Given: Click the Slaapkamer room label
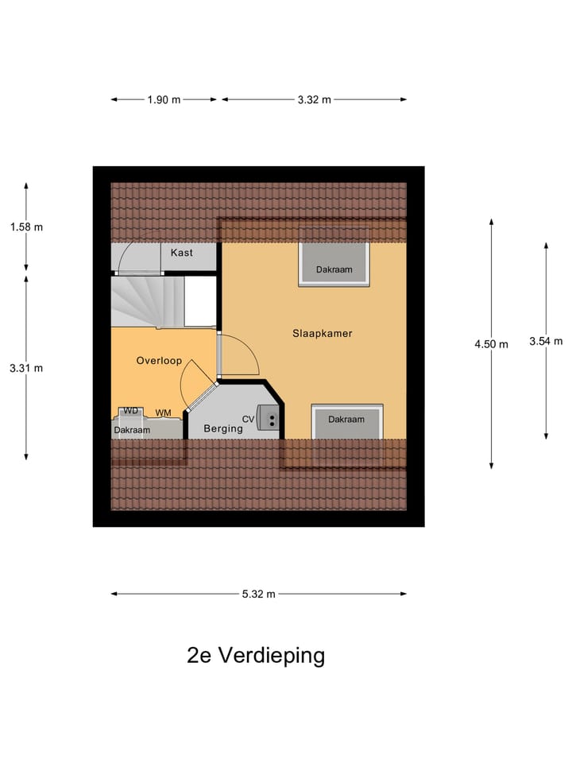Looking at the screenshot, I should coord(322,334).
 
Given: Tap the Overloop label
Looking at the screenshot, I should coord(159,360).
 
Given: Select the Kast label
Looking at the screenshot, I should coord(182,253).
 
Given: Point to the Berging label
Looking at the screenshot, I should coord(222,428).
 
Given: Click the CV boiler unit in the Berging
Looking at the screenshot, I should coord(269,418).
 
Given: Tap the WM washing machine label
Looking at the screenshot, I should coord(163,412).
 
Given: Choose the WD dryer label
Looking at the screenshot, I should coord(131,410).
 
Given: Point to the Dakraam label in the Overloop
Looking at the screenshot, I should coord(132,430).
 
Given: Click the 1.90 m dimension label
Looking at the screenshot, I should coord(164,99).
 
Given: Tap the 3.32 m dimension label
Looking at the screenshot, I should coord(314,99).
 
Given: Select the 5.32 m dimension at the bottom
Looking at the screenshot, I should coord(259,594).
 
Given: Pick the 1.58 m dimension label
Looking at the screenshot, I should coord(26,227).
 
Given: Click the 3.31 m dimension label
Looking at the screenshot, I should coord(26,367).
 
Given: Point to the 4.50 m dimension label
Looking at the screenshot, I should coord(491,344).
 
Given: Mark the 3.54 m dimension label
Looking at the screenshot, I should coord(546,342).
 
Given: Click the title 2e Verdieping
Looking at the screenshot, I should coord(256,656).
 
